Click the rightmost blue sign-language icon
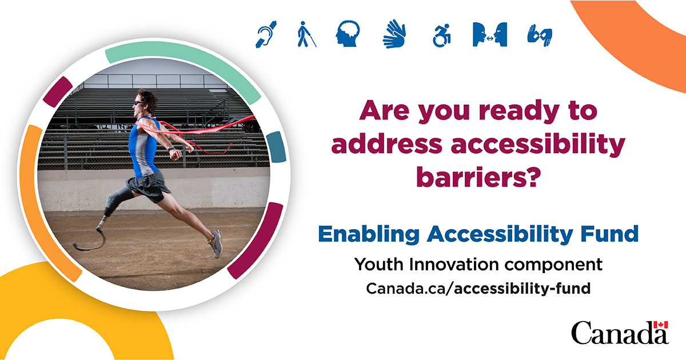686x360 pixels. pyautogui.click(x=539, y=35)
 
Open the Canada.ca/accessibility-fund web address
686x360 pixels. pyautogui.click(x=477, y=288)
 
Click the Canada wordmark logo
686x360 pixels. pyautogui.click(x=620, y=333)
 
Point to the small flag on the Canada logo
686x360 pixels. pyautogui.click(x=661, y=325)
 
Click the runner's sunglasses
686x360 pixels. pyautogui.click(x=139, y=103)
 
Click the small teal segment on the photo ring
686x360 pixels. pyautogui.click(x=276, y=145)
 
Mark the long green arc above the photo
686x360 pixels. pyautogui.click(x=183, y=59)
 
